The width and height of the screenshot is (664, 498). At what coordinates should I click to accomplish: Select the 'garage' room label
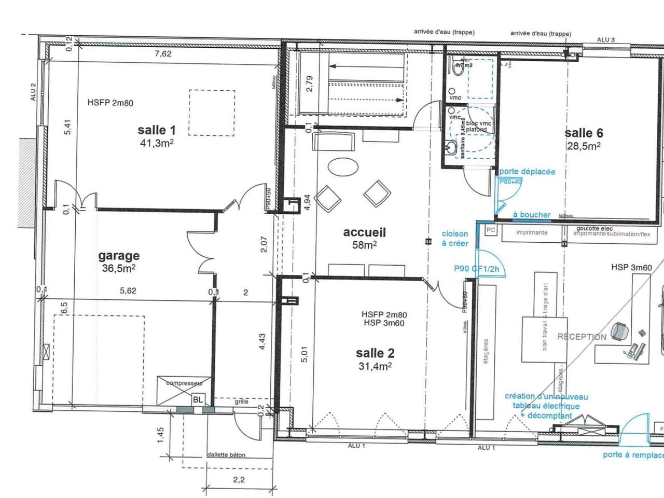tap(119, 256)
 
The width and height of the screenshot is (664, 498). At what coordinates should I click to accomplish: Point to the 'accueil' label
tap(365, 232)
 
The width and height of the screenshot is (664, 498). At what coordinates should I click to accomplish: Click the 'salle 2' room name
tap(375, 353)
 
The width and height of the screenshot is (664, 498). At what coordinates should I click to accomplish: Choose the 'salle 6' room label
tap(584, 133)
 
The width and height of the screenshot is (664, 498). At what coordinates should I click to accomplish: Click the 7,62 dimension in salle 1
tap(163, 53)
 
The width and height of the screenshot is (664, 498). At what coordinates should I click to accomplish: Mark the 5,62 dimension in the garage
tap(128, 291)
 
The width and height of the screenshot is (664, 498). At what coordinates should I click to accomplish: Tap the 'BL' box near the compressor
tap(198, 399)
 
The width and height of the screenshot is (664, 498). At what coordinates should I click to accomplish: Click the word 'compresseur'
tap(184, 383)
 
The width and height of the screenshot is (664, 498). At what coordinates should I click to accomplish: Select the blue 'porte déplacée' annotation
tap(527, 172)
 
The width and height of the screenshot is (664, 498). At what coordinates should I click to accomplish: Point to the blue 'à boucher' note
tap(531, 215)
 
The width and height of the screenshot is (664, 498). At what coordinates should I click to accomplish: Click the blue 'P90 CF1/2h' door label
tap(476, 269)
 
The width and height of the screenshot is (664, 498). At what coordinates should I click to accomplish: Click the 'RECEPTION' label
tap(582, 337)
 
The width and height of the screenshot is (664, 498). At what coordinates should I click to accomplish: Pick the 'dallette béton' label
tap(226, 455)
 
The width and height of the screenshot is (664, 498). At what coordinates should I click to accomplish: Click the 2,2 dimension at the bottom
tap(239, 480)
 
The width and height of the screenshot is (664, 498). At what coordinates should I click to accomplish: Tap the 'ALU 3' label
tap(605, 40)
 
